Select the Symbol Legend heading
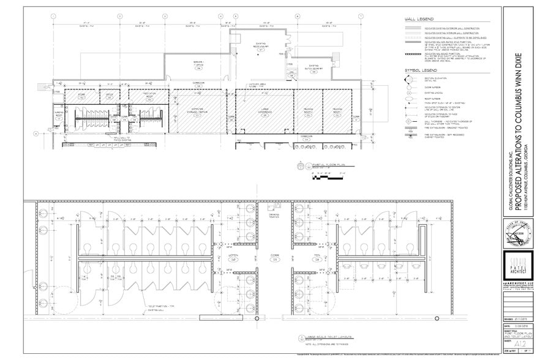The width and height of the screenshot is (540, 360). coord(419,70)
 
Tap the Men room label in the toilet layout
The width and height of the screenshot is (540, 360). coord(317,258)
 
